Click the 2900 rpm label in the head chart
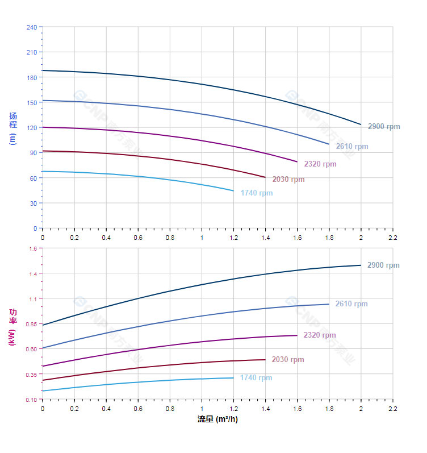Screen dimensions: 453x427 384,127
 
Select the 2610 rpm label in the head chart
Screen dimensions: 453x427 352,147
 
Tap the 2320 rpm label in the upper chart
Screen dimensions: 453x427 320,164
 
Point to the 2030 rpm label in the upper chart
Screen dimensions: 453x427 288,180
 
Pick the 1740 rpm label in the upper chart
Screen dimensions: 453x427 257,193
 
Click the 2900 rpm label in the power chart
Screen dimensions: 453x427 383,265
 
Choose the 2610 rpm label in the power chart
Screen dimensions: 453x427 351,304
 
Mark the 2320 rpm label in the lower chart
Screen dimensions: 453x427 320,335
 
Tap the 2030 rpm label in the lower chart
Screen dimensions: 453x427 288,360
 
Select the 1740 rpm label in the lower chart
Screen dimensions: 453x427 256,378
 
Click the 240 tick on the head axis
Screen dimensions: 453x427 32,27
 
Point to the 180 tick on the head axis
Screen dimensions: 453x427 32,77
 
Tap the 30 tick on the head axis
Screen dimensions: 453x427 34,203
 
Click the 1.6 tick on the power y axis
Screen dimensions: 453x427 32,249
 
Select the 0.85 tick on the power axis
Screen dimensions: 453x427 31,325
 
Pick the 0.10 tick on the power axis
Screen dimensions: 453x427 31,400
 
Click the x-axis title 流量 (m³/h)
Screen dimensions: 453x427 217,419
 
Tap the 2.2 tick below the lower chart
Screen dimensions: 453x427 392,408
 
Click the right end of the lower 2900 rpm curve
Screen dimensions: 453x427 361,265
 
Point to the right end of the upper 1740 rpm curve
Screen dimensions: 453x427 233,191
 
